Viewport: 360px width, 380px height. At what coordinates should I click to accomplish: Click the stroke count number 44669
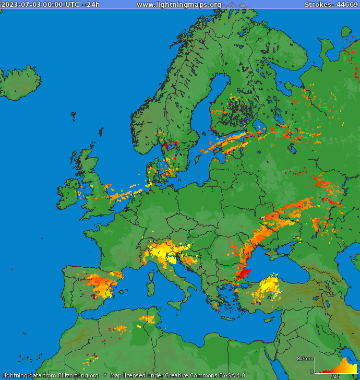[346, 5]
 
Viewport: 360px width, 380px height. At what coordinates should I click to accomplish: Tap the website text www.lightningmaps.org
[179, 5]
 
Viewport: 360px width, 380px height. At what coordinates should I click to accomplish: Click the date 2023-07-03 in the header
[20, 5]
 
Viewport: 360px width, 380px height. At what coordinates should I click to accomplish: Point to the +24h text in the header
[90, 5]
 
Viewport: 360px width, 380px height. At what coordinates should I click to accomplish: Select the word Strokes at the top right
[319, 5]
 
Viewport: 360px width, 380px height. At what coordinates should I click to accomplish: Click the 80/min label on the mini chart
[305, 358]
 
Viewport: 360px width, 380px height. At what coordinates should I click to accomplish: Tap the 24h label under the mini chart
[335, 376]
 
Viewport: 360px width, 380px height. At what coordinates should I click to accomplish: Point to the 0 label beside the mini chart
[311, 372]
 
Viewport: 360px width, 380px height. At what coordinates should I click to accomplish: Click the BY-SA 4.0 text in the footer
[227, 375]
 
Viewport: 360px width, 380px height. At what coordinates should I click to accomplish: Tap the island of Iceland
[21, 84]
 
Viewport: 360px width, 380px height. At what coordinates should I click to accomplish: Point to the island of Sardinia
[151, 287]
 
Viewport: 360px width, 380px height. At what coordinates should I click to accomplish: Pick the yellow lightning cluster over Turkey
[268, 289]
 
